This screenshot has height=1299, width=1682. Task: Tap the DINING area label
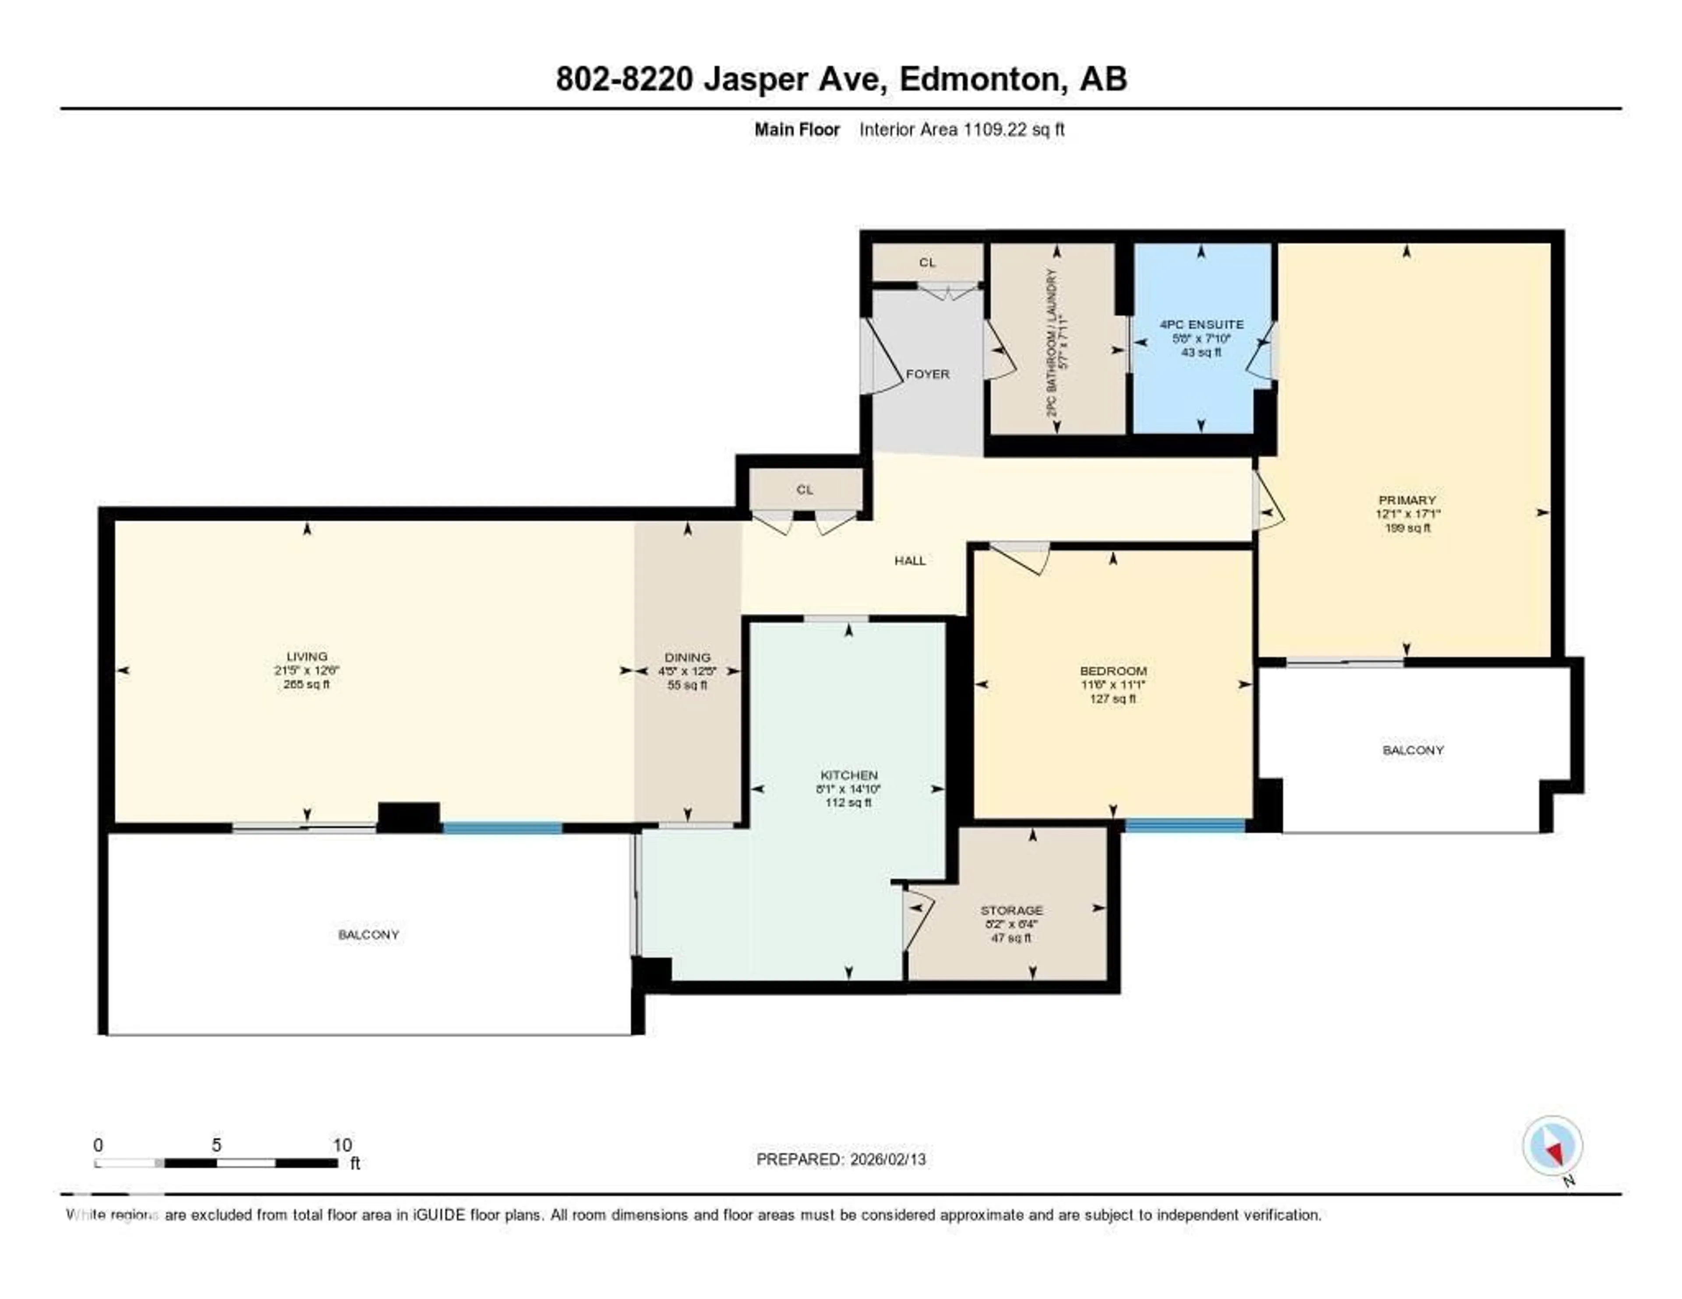[x=687, y=657]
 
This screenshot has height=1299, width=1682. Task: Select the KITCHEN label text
[x=849, y=775]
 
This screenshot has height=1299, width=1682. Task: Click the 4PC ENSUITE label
[x=1201, y=324]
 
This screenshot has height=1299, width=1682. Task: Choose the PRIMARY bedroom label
[x=1407, y=500]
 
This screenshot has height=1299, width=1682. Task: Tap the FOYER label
[x=927, y=374]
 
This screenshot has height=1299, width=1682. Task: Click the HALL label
[x=909, y=561]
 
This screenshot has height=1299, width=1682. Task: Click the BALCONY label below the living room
[x=368, y=935]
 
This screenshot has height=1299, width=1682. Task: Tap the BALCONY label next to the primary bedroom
[x=1413, y=750]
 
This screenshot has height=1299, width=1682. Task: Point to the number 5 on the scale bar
[x=216, y=1145]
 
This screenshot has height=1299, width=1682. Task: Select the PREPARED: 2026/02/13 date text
[x=841, y=1159]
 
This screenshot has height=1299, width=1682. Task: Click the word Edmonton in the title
[x=979, y=79]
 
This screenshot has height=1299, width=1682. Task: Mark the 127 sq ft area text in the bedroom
[x=1113, y=699]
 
